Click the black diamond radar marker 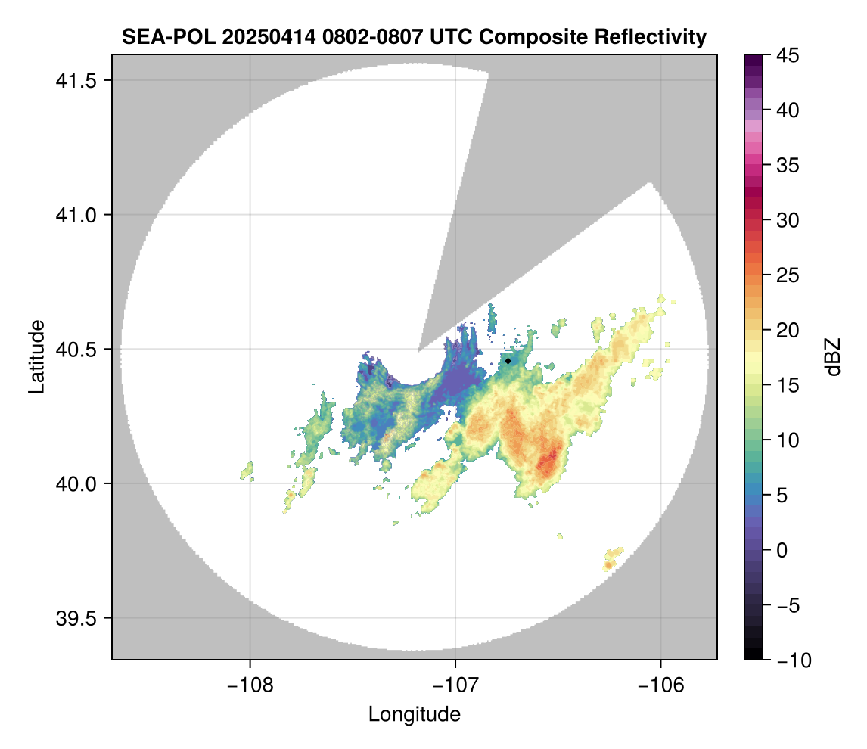pos(508,361)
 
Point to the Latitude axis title pos(36,356)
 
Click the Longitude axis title pos(415,714)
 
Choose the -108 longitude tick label pos(250,685)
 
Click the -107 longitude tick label pos(455,685)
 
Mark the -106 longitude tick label pos(661,685)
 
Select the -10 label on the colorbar pos(791,660)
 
